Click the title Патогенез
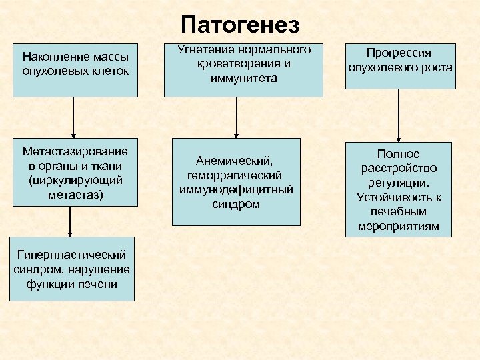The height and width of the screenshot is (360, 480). pyautogui.click(x=240, y=25)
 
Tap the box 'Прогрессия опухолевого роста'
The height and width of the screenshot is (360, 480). pyautogui.click(x=399, y=61)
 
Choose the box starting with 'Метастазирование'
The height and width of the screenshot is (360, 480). pyautogui.click(x=75, y=172)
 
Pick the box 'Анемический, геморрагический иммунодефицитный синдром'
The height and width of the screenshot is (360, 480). pyautogui.click(x=236, y=181)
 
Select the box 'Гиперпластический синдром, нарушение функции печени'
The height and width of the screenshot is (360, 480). pyautogui.click(x=72, y=269)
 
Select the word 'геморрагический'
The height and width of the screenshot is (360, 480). pyautogui.click(x=236, y=175)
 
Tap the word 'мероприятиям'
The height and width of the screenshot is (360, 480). pyautogui.click(x=399, y=227)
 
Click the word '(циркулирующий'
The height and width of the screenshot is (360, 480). pyautogui.click(x=75, y=180)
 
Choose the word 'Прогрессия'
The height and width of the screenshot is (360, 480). pyautogui.click(x=399, y=53)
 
